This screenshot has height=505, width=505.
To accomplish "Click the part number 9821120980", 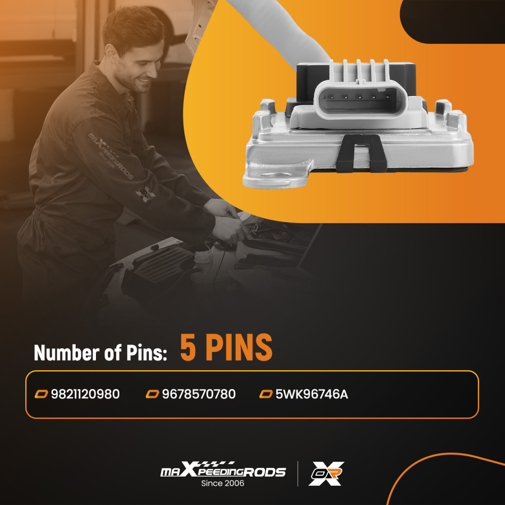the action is click(x=85, y=394).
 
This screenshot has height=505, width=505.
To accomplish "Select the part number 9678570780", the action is click(x=198, y=394).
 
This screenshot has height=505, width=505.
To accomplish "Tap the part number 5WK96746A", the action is click(x=312, y=394).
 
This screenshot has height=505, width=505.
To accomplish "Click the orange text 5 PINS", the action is click(x=226, y=347).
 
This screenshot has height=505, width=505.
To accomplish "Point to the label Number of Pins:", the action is click(x=100, y=353).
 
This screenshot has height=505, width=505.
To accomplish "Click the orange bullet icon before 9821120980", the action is click(x=41, y=394).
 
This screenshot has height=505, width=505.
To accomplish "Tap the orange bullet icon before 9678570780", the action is click(x=153, y=394).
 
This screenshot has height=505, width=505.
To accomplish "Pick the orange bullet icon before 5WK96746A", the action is click(x=266, y=394).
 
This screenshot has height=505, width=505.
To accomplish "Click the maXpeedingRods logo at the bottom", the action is click(x=223, y=470).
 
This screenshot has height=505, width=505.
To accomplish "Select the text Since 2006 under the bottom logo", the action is click(x=223, y=483).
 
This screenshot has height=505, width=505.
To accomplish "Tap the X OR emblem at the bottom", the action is click(x=326, y=474).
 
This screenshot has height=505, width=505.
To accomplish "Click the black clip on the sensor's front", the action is click(x=362, y=154).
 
